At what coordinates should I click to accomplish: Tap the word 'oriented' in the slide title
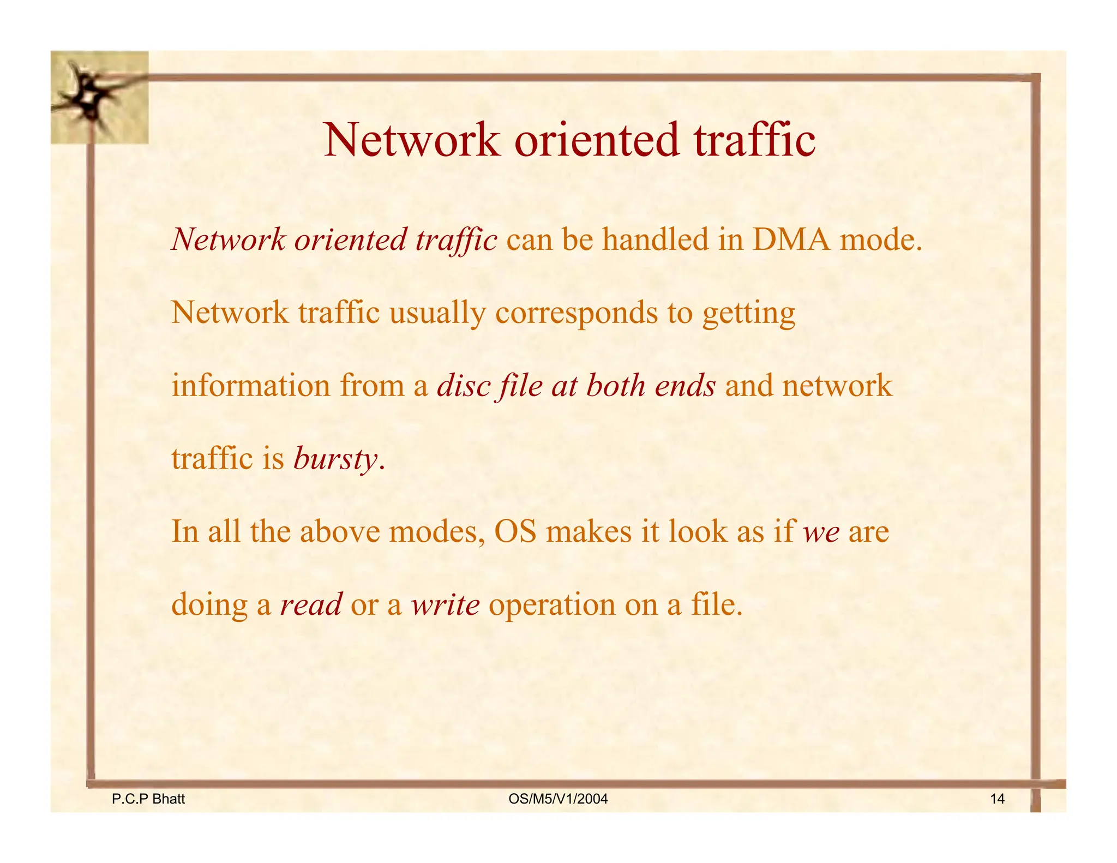(597, 140)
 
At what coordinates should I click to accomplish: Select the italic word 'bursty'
(335, 459)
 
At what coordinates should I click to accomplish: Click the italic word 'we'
(821, 532)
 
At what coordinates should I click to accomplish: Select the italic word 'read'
(311, 604)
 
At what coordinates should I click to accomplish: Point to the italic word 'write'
(445, 604)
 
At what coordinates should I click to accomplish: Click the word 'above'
(340, 532)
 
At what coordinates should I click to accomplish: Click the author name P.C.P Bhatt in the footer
(148, 799)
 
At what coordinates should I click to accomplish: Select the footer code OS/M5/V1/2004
(558, 799)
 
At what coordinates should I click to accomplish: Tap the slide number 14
(997, 799)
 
